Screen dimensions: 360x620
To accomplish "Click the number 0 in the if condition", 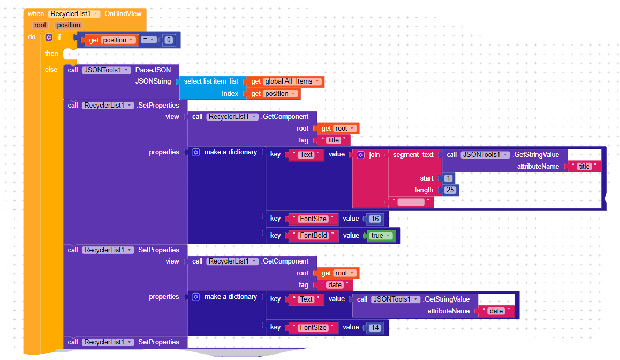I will click(169, 40).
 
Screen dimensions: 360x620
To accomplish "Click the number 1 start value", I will click(448, 178).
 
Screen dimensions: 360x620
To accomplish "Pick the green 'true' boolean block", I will click(380, 236).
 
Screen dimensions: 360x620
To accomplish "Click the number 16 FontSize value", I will click(375, 219).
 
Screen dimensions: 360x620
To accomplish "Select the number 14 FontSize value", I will click(375, 327).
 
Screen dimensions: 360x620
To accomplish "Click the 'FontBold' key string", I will click(313, 236).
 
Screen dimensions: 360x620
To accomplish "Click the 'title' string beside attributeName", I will click(584, 167).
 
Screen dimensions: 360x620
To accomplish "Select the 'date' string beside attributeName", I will click(496, 311).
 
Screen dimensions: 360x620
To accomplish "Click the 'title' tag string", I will click(334, 140).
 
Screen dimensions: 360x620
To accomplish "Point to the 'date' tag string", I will click(335, 285).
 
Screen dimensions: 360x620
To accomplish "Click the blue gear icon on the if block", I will click(49, 37).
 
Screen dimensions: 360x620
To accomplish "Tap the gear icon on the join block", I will click(360, 155).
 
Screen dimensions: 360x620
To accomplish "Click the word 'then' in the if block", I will click(51, 54).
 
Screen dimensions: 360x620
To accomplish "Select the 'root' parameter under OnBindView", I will click(41, 25).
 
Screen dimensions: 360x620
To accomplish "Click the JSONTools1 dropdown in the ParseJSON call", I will click(106, 70).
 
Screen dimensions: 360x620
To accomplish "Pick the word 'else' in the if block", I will click(51, 70).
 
